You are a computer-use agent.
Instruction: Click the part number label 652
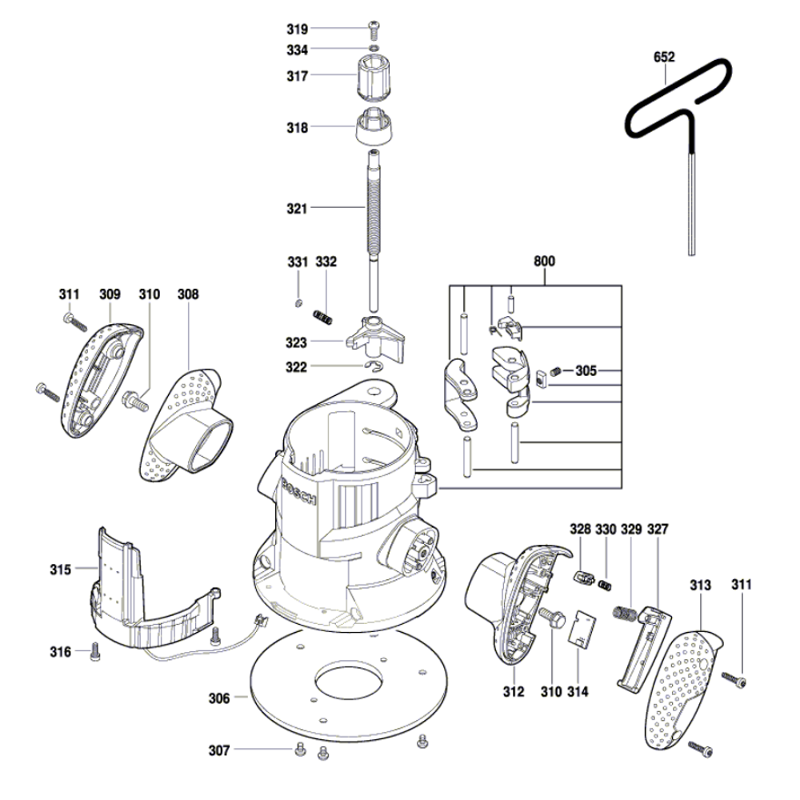tap(664, 58)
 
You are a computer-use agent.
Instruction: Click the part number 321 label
tap(297, 209)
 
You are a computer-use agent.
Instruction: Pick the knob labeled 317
tap(374, 76)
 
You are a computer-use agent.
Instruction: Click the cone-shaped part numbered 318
tap(374, 126)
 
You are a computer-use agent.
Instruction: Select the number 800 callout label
tap(544, 262)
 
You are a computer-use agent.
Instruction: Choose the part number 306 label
tap(218, 698)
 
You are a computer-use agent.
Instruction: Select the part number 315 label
tap(61, 570)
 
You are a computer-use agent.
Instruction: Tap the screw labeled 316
tap(94, 652)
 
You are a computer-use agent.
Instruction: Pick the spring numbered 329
tap(626, 616)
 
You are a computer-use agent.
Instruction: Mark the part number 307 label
tap(218, 750)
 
